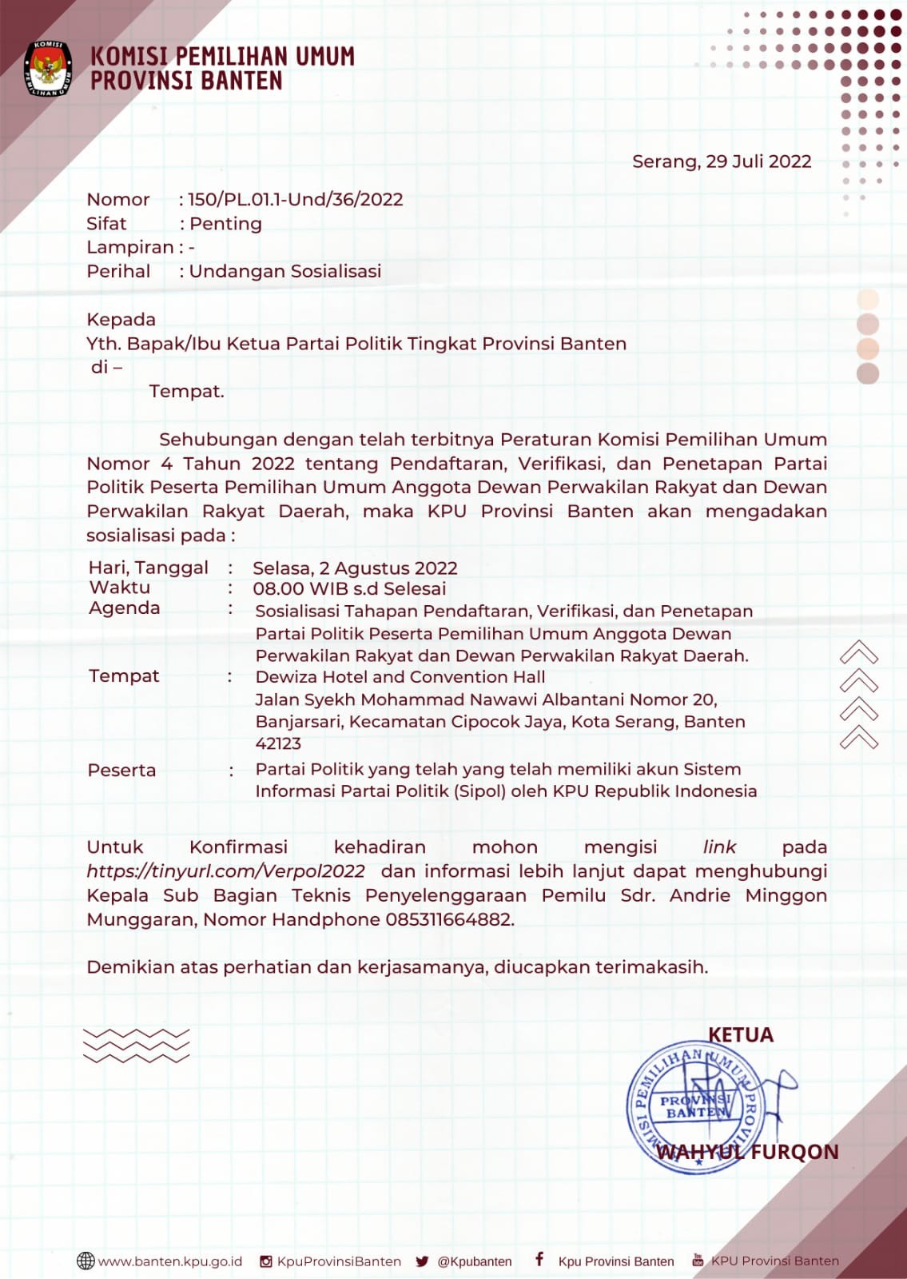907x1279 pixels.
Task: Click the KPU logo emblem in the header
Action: (49, 68)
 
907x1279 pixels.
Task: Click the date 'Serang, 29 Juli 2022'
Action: (721, 161)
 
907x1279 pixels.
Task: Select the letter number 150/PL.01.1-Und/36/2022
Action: (296, 200)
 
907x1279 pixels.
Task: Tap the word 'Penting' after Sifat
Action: (225, 224)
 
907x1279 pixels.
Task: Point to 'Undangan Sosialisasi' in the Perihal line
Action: (285, 272)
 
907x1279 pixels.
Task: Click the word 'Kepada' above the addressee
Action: (121, 320)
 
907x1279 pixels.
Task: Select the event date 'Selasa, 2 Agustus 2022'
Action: (355, 568)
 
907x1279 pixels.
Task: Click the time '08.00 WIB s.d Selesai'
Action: (349, 589)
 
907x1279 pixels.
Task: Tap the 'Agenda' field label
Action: (124, 608)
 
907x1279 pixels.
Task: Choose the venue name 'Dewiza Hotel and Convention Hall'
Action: (400, 677)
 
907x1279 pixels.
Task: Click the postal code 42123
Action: (278, 743)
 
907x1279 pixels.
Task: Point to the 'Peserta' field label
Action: (121, 771)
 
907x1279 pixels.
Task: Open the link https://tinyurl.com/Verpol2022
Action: (225, 871)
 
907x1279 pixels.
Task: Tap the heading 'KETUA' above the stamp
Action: (741, 1035)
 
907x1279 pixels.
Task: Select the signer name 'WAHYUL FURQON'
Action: (747, 1152)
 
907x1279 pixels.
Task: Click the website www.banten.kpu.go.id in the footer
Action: (169, 1261)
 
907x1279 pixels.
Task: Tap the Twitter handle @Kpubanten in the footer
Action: (475, 1261)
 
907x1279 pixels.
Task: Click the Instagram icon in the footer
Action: (266, 1261)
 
